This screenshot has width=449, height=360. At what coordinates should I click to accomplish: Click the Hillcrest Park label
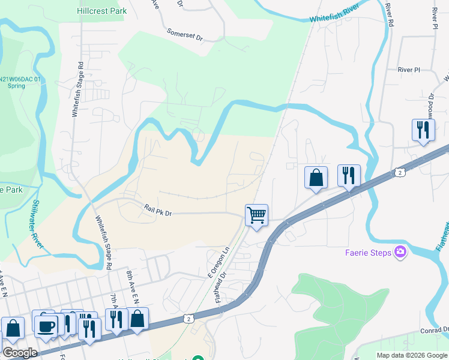pyautogui.click(x=102, y=11)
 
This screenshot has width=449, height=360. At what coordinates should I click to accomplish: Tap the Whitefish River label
pyautogui.click(x=334, y=12)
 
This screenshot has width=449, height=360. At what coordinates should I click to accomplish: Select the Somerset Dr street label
pyautogui.click(x=185, y=35)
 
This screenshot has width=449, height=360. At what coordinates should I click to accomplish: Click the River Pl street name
pyautogui.click(x=409, y=70)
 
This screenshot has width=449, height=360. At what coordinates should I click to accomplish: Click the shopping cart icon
pyautogui.click(x=256, y=215)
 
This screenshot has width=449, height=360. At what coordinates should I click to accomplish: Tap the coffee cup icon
pyautogui.click(x=46, y=326)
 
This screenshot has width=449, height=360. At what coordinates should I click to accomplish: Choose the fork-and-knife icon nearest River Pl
pyautogui.click(x=424, y=130)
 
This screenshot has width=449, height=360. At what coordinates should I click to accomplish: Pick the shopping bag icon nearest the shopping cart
pyautogui.click(x=316, y=177)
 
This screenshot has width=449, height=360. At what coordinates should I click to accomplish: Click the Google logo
pyautogui.click(x=19, y=352)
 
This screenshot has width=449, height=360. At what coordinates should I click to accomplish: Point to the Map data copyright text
pyautogui.click(x=411, y=355)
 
